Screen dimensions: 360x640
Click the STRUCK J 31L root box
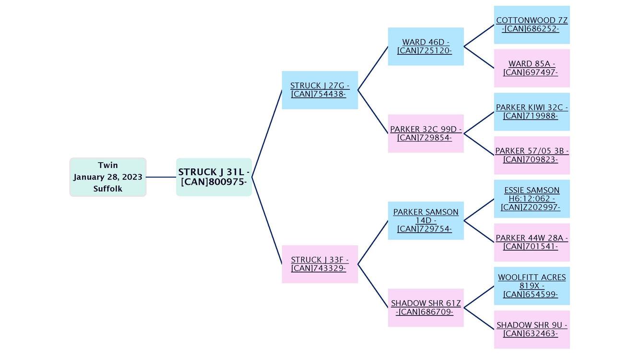point(213,177)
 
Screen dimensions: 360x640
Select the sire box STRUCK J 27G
point(320,90)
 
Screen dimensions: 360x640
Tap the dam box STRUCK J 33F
point(320,264)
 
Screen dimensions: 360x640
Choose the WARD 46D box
point(426,47)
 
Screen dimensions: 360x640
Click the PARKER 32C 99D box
point(426,133)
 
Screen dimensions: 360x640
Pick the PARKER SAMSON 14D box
point(426,221)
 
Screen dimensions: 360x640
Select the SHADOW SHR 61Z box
point(426,308)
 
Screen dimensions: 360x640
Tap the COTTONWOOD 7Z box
point(532,25)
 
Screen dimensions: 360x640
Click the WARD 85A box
point(532,68)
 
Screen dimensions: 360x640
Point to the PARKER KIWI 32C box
point(532,112)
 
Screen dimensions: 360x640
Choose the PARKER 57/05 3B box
point(532,156)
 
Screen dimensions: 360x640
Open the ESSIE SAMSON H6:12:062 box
point(532,199)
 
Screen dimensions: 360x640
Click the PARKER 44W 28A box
point(532,242)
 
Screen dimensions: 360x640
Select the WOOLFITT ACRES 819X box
point(532,286)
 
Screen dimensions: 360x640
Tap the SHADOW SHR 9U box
point(532,329)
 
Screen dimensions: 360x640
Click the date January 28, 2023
point(108,177)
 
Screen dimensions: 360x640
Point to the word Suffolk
point(108,189)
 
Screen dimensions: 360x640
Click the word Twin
point(108,165)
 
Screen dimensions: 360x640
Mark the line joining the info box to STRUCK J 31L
point(161,177)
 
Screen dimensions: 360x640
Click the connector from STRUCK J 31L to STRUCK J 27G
point(267,134)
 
